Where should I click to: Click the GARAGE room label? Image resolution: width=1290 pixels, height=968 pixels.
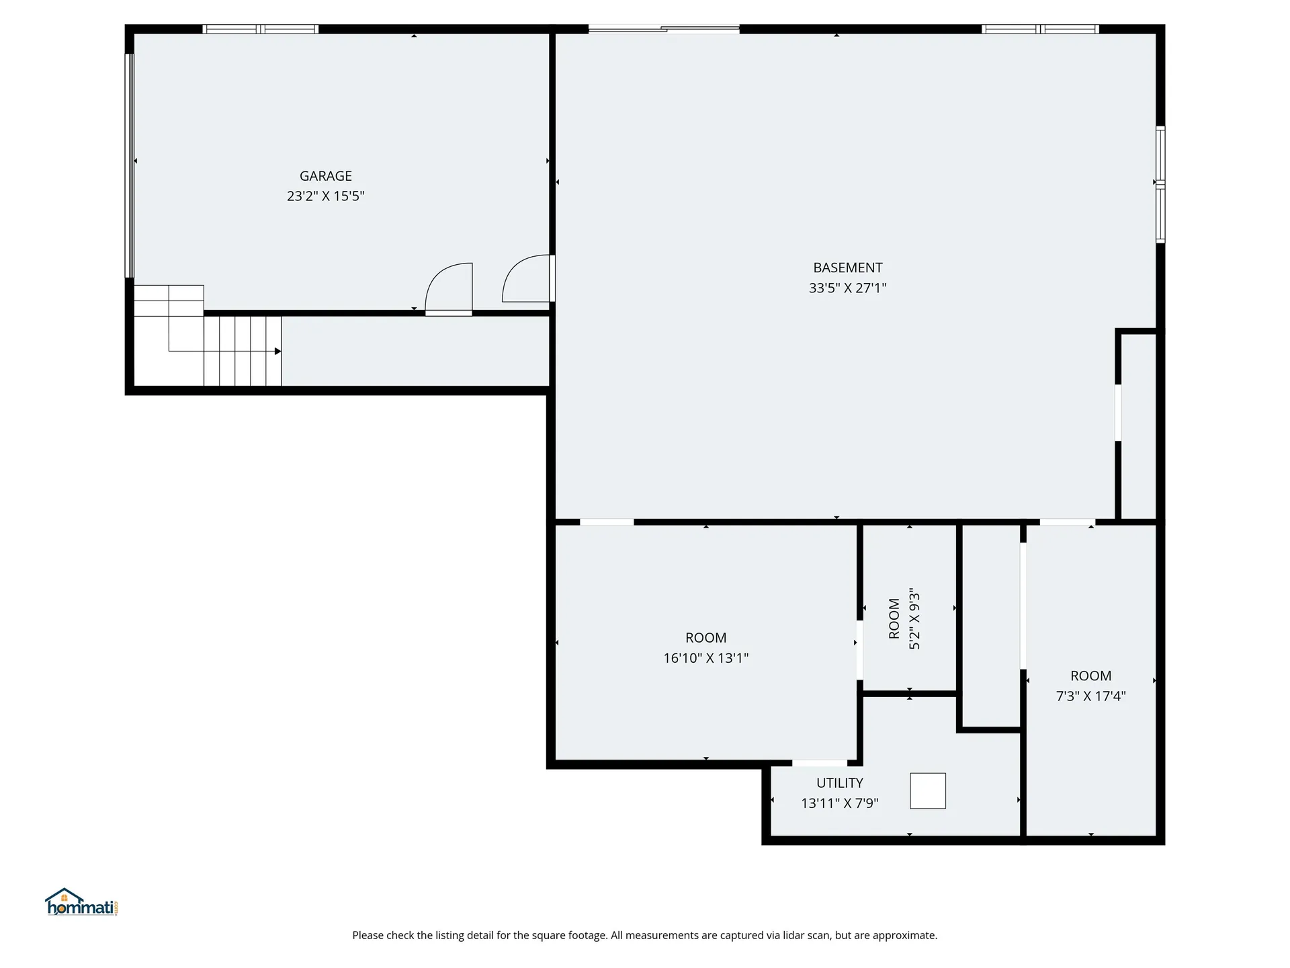pos(325,176)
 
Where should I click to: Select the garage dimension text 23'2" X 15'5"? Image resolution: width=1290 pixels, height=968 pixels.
pos(325,196)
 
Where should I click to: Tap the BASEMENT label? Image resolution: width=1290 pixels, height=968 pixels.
pos(847,268)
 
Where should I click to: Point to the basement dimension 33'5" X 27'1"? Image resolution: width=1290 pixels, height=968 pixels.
pos(847,288)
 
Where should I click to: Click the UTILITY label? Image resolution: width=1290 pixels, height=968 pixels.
pos(839,783)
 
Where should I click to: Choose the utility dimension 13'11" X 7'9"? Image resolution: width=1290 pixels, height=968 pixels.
pos(839,803)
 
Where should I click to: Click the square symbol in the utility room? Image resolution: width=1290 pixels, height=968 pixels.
pos(927,791)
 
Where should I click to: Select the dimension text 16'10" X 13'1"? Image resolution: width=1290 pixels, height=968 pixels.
pos(705,658)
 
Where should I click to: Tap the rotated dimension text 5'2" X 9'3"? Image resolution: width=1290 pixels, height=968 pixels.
pos(914,619)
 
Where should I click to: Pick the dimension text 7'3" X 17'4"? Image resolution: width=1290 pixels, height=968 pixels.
pos(1090,696)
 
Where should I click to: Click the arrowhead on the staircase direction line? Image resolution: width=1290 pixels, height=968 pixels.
pos(277,351)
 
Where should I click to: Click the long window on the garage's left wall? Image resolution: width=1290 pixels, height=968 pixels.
pos(130,165)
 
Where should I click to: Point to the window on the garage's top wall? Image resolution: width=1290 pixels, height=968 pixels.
pos(261,29)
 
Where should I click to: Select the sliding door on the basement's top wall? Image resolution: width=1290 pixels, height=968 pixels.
pos(664,29)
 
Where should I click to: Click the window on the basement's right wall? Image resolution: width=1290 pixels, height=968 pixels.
pos(1160,184)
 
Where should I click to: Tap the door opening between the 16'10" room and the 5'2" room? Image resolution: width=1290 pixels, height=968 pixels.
pos(859,650)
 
